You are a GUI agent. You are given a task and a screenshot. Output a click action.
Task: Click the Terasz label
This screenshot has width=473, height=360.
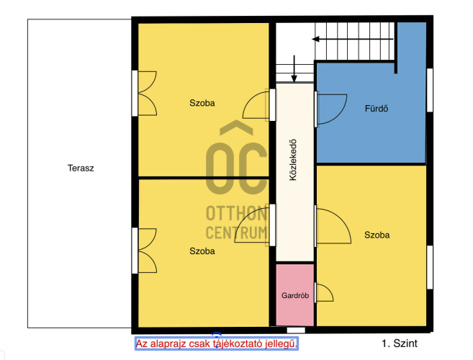coord(81,168)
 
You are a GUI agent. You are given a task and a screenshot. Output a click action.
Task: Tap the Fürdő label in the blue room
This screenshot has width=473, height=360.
coord(377,108)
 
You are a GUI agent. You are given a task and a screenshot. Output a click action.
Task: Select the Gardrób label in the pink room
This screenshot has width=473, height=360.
coord(295,295)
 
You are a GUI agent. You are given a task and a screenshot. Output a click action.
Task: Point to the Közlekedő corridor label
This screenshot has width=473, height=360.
coord(293,160)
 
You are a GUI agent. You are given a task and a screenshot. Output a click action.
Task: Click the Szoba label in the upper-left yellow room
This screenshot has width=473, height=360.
coord(202,103)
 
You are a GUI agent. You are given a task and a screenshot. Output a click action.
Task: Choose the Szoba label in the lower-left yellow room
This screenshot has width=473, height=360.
coord(202,251)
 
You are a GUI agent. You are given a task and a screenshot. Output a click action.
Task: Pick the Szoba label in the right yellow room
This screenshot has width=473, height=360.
coord(377,235)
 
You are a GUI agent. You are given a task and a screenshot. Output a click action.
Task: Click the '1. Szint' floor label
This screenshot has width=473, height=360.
coord(400,343)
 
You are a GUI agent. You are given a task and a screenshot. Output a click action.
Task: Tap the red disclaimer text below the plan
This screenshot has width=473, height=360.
coord(217,343)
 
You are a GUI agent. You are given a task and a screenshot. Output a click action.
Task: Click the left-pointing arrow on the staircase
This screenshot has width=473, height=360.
coord(353,39)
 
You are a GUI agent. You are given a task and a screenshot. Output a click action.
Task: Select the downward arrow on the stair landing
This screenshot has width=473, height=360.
coord(294,69)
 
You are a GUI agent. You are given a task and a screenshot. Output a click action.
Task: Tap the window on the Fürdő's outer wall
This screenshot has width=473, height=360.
coord(430,90)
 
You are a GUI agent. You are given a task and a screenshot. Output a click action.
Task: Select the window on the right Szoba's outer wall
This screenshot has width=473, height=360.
coord(430,268)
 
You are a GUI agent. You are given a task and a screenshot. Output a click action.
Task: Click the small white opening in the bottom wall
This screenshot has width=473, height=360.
coord(296,330)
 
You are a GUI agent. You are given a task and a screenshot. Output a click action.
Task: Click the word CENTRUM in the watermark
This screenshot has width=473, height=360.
coord(236,233)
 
